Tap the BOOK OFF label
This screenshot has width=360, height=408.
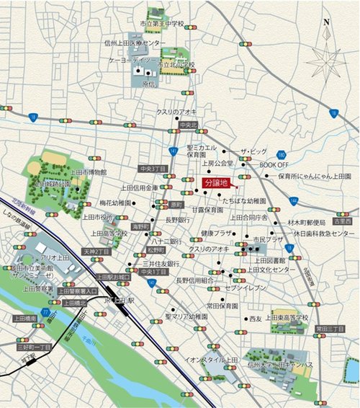[x=274, y=164]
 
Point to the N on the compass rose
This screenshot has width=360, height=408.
[x=327, y=22]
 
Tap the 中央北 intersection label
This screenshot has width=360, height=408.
[x=189, y=125]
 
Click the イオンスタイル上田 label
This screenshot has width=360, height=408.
[x=211, y=359]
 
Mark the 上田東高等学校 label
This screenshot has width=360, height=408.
[x=286, y=316]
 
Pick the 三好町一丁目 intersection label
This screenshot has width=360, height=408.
[x=34, y=347]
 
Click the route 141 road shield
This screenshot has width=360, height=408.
[x=174, y=151]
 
